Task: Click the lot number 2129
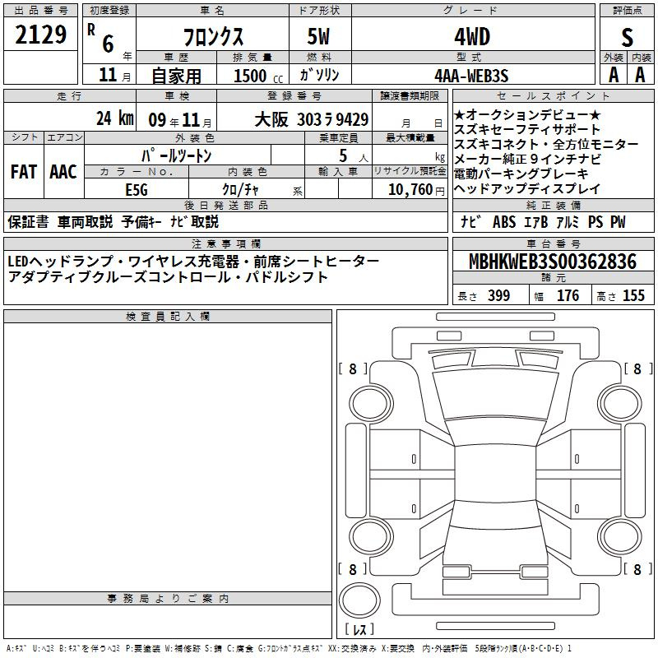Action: (x=40, y=35)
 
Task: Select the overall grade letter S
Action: (x=627, y=37)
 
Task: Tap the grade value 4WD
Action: (x=472, y=37)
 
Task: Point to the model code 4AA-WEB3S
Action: (x=471, y=76)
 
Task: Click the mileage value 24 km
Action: (x=115, y=118)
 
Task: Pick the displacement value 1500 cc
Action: (x=258, y=76)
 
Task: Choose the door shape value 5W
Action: (x=318, y=36)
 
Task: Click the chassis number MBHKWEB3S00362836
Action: (x=553, y=262)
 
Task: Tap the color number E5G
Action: (x=137, y=190)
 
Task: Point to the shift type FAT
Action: (x=24, y=172)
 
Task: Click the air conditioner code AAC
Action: (x=63, y=172)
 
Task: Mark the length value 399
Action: (x=499, y=295)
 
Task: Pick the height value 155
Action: (x=633, y=295)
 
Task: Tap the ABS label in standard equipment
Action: (x=504, y=222)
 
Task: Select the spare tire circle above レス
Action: (x=359, y=600)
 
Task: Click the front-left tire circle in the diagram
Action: (x=372, y=404)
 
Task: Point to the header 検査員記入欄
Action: (x=168, y=317)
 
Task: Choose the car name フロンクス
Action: (x=213, y=37)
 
